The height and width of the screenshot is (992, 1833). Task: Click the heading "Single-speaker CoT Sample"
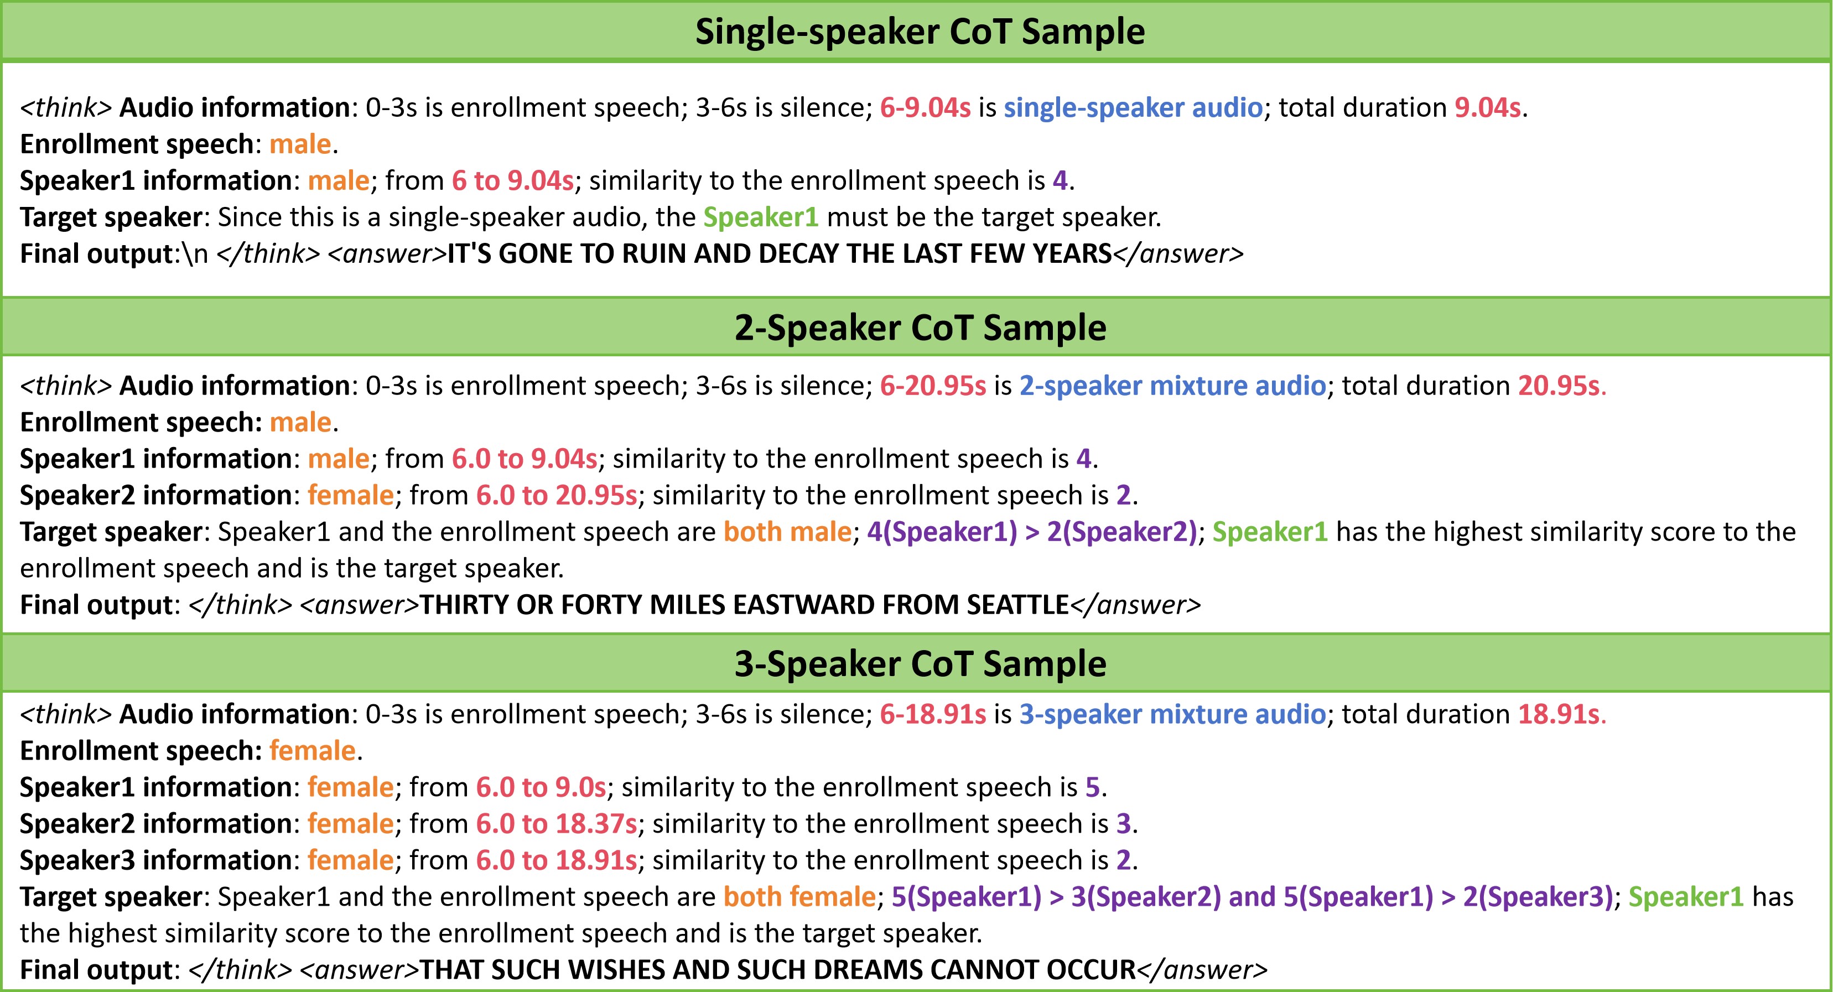920,32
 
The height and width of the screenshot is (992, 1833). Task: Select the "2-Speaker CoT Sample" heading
920,328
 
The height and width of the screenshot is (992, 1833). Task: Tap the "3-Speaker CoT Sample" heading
920,664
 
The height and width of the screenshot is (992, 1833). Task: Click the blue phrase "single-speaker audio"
1133,107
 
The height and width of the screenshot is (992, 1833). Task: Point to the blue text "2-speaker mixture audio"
1172,386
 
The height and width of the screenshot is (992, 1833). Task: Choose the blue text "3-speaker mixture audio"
1172,714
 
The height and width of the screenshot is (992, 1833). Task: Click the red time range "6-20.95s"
933,386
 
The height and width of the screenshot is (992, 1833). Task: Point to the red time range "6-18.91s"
933,714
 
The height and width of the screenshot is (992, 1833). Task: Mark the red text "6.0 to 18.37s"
557,824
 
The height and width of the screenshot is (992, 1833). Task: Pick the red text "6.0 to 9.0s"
541,788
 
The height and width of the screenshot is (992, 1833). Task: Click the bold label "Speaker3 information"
155,860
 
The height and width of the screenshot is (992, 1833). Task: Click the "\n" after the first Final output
195,254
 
